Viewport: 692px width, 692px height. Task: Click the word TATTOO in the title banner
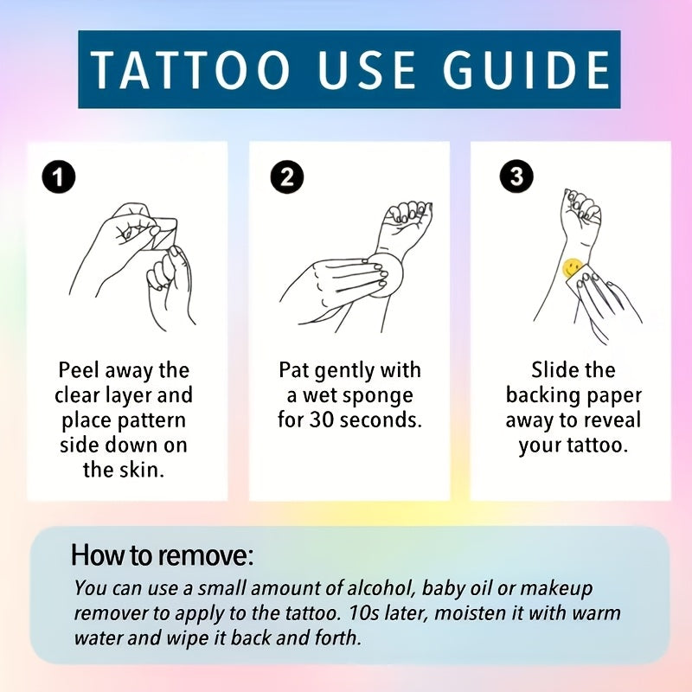[190, 69]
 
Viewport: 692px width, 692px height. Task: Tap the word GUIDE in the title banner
[527, 69]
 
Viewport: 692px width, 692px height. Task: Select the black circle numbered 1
[59, 177]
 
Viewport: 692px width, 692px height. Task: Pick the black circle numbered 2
[287, 177]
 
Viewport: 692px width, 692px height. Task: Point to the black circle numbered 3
[516, 177]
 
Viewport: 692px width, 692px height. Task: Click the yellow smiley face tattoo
[572, 268]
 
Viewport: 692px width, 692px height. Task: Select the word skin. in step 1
[142, 470]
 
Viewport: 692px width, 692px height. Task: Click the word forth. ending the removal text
[337, 638]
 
